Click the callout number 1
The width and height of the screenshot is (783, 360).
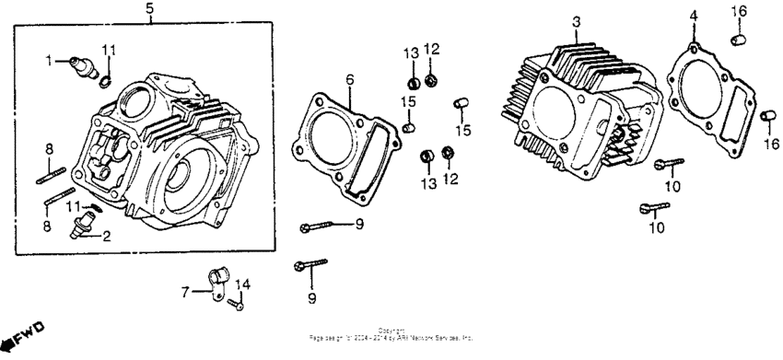pyautogui.click(x=51, y=62)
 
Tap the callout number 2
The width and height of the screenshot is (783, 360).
pyautogui.click(x=107, y=236)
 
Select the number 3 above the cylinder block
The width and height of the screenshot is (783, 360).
pyautogui.click(x=576, y=20)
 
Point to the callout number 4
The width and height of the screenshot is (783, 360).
pyautogui.click(x=695, y=15)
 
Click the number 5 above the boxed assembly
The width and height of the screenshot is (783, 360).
pyautogui.click(x=150, y=10)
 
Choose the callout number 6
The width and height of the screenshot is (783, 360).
pyautogui.click(x=349, y=79)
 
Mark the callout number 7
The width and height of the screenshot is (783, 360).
pyautogui.click(x=185, y=292)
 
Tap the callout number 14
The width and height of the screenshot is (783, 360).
pyautogui.click(x=244, y=283)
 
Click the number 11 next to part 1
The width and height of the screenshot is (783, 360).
pyautogui.click(x=110, y=50)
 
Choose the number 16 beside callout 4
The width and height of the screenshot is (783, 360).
pyautogui.click(x=739, y=10)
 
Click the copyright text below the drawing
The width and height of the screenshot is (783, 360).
pyautogui.click(x=391, y=336)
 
